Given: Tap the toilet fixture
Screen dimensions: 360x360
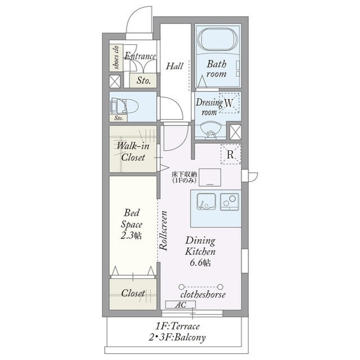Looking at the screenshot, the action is coord(124,106).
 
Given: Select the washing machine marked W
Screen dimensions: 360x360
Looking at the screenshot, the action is coord(229,103).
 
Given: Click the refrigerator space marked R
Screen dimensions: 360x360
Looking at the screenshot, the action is coord(231,154).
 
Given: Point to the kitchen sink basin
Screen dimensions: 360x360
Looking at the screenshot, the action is coord(206,201).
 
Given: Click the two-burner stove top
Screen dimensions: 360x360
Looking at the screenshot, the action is coord(229,201).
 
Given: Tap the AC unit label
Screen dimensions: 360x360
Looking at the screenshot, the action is coord(181,305).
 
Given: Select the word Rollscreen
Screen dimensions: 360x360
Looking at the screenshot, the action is coord(163,231).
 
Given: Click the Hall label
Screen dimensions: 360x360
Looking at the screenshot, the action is coord(174,66).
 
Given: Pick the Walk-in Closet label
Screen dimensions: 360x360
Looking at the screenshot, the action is coord(133,151).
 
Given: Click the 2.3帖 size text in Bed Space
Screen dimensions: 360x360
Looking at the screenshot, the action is coord(131,235).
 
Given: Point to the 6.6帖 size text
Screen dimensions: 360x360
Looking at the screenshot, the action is coord(200,263).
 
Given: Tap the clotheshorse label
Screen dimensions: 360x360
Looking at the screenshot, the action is coord(202,294).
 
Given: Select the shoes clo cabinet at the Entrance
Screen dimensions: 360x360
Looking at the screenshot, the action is coord(116,57).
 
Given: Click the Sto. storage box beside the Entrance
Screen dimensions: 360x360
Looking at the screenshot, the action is coord(143,80).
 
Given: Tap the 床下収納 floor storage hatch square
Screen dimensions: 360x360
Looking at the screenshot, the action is coord(210,178).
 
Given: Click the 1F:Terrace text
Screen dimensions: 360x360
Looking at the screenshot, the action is coord(178,326).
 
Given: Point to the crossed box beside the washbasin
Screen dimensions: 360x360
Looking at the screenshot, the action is coord(236,132).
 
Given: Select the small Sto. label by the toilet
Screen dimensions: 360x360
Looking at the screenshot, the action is coord(119,118).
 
